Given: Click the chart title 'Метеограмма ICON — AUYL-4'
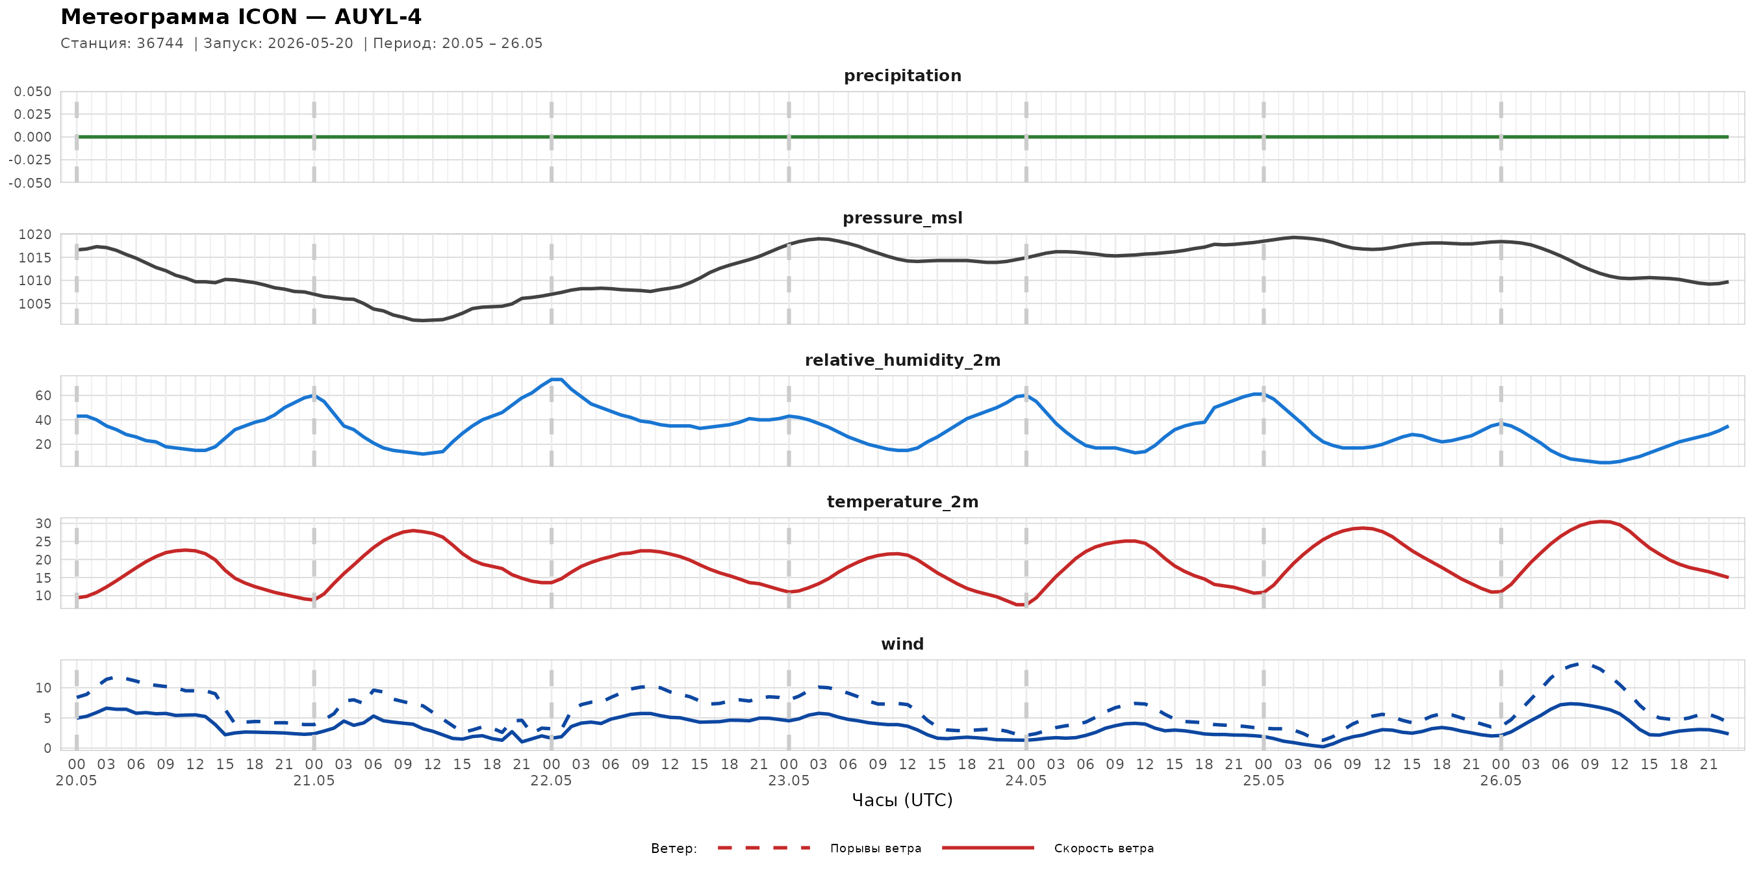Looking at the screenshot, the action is tap(241, 16).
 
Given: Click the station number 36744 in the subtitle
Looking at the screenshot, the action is tap(160, 44).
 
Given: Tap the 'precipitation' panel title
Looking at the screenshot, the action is tap(902, 75).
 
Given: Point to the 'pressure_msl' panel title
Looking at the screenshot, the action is tap(902, 218).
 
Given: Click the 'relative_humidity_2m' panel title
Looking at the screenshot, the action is tap(902, 360).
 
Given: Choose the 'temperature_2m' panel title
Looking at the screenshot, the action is tap(902, 502).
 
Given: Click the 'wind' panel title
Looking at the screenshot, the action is tap(902, 644).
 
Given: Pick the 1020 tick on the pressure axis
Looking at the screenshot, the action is tap(34, 235).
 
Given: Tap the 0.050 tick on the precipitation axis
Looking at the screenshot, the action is tap(32, 91).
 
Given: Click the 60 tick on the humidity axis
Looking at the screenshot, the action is tap(43, 396).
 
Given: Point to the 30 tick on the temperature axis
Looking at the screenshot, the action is tap(43, 524).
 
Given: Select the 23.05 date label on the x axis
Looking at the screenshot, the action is tap(789, 781).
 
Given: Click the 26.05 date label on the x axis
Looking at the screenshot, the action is tap(1501, 781).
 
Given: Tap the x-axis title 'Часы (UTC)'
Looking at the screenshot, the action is tap(902, 800).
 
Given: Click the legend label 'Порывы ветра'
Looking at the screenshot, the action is tap(876, 848).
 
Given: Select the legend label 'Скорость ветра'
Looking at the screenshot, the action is tap(1104, 848).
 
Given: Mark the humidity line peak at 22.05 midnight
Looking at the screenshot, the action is tap(555, 379).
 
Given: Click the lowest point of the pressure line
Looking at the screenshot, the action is tap(423, 321).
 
